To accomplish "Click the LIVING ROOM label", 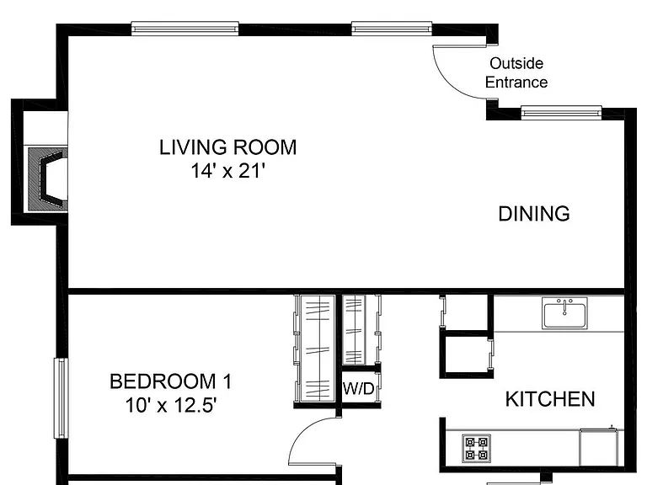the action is coord(227,147).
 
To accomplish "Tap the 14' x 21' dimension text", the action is coord(227,170).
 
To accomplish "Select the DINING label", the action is coord(534,214).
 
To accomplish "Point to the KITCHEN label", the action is coord(550,399).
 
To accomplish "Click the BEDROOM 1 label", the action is coord(170,381).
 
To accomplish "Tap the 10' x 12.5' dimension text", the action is coord(171,405).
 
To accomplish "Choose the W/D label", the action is coord(358,388).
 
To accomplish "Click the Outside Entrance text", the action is coord(516,72).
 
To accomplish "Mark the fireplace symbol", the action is coord(47,179).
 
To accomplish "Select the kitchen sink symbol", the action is coord(564,313).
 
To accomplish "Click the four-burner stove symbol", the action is coord(476,448).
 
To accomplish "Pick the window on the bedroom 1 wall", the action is coord(61,398).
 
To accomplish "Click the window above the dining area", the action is coord(561,112).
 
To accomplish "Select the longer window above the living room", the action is coord(184,29).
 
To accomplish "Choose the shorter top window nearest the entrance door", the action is coord(392,29).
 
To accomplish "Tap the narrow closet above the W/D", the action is coord(354,330).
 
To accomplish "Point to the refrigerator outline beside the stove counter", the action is coord(599,447).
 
